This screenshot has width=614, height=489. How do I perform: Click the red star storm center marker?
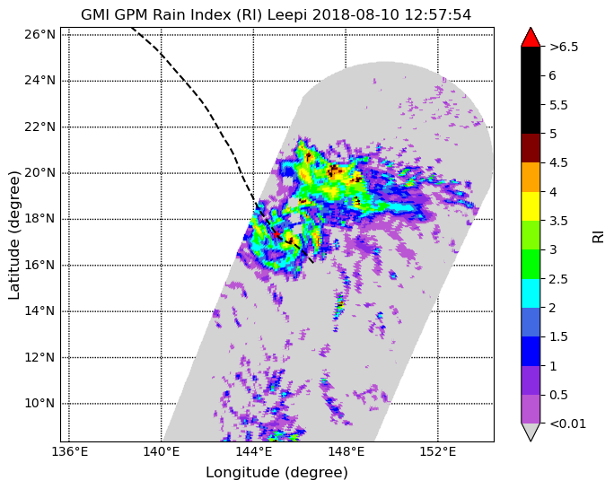tap(276, 234)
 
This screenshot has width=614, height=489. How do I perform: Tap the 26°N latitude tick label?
tap(39, 34)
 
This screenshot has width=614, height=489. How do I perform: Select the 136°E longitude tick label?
tap(69, 452)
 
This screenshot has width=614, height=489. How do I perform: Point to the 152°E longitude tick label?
tap(438, 452)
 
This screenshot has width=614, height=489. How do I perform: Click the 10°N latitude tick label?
tap(39, 403)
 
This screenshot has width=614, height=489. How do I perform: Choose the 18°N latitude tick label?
tap(39, 218)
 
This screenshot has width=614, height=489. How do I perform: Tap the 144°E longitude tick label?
tap(253, 452)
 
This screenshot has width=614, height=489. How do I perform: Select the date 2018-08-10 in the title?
tap(356, 15)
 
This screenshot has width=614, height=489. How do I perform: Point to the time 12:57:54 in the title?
tap(438, 15)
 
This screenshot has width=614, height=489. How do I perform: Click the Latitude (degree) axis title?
tap(14, 235)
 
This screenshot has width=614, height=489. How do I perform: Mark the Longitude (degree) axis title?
tap(276, 473)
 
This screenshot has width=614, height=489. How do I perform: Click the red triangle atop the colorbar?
tap(531, 37)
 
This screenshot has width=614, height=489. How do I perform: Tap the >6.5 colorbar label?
tap(564, 47)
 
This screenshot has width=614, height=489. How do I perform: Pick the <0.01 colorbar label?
tap(568, 424)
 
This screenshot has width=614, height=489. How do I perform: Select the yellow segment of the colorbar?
tap(531, 206)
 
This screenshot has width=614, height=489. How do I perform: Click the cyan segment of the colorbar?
tap(531, 293)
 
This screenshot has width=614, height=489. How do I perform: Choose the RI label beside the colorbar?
tap(599, 237)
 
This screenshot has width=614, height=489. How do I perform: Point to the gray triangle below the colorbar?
tap(531, 432)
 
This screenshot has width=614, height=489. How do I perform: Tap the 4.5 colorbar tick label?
tap(558, 163)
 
